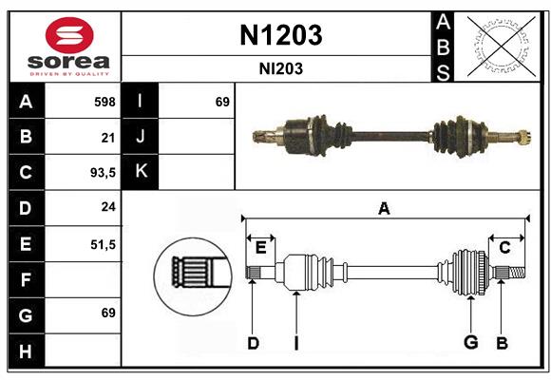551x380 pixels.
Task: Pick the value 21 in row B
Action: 108,137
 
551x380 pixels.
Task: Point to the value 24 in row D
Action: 108,208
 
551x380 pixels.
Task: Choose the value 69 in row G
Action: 108,314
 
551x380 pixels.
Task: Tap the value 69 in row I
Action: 222,102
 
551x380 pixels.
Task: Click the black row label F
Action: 25,279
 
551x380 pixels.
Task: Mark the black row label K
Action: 141,172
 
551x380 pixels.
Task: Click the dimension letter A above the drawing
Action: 384,208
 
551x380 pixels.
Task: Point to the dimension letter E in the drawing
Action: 260,248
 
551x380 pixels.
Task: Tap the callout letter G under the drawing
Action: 468,343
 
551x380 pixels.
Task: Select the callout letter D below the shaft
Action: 253,343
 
